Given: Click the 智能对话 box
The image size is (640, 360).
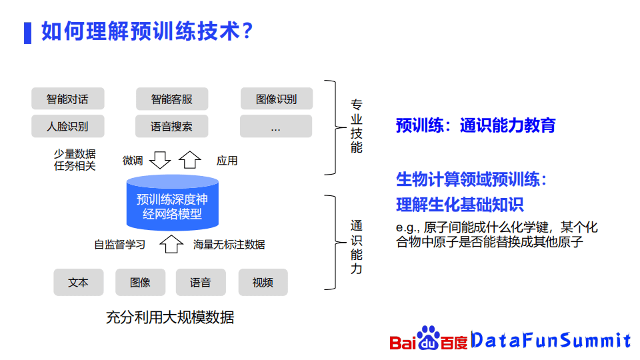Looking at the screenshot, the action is pyautogui.click(x=68, y=99).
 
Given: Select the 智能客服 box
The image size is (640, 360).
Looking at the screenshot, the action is pyautogui.click(x=172, y=99).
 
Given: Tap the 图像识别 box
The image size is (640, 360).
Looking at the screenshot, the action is pyautogui.click(x=276, y=99).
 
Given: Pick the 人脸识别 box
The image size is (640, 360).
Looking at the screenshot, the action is pyautogui.click(x=68, y=126).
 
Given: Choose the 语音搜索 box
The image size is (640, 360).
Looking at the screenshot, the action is pyautogui.click(x=172, y=126).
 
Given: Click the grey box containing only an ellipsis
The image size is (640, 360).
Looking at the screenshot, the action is pyautogui.click(x=276, y=126).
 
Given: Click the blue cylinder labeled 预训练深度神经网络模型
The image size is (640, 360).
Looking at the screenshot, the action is pyautogui.click(x=172, y=203).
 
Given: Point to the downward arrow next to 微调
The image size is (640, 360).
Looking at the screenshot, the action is pyautogui.click(x=159, y=159).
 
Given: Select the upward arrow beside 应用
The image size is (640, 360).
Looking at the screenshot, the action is pyautogui.click(x=190, y=159).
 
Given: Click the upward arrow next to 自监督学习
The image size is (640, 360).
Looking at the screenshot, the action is pyautogui.click(x=171, y=244).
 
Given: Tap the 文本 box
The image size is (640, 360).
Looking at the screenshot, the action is pyautogui.click(x=79, y=282).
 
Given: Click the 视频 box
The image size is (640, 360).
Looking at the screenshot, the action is pyautogui.click(x=263, y=282).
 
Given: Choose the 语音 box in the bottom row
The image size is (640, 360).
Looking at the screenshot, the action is pyautogui.click(x=201, y=282).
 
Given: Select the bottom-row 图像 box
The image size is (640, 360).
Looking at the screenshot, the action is pyautogui.click(x=141, y=282).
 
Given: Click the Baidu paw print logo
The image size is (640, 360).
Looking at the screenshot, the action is pyautogui.click(x=428, y=338).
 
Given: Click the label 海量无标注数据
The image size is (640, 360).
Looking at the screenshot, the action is pyautogui.click(x=229, y=245).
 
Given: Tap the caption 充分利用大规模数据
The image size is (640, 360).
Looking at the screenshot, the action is pyautogui.click(x=170, y=317).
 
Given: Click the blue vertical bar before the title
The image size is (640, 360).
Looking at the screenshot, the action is pyautogui.click(x=28, y=33).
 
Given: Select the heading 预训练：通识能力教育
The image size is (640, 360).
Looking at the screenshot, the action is pyautogui.click(x=475, y=125).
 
